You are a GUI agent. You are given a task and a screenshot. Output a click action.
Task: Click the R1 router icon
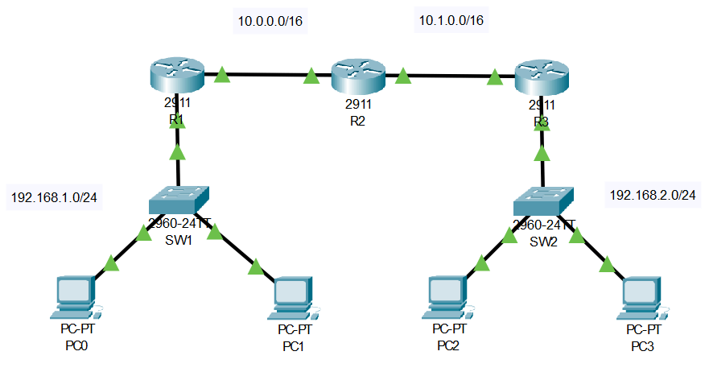(178, 77)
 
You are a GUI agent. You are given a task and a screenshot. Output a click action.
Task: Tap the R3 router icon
(542, 77)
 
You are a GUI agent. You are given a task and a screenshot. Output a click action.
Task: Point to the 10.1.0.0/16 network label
(450, 19)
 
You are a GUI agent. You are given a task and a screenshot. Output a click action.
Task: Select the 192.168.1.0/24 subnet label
(52, 196)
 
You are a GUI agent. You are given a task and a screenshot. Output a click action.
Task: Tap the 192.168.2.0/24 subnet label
(653, 195)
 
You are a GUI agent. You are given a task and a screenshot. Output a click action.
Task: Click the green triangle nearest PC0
(111, 264)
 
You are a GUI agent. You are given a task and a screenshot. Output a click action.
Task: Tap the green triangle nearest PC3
(607, 263)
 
